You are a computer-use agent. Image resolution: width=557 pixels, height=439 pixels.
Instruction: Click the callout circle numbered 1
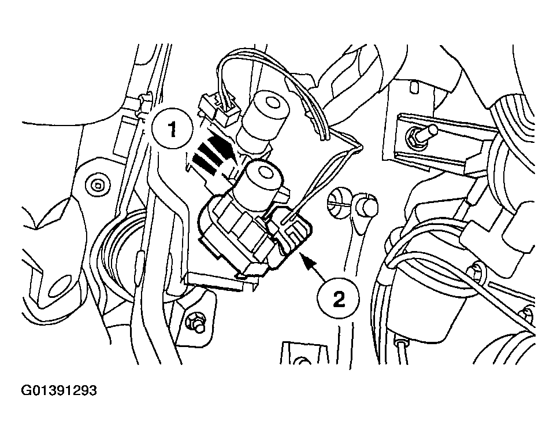pyautogui.click(x=172, y=130)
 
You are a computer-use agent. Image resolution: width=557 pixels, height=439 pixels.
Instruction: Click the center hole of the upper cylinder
pyautogui.click(x=272, y=104)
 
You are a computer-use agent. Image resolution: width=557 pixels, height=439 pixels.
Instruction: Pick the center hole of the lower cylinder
pyautogui.click(x=265, y=173)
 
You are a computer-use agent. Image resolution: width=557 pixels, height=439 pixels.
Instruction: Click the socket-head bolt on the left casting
pyautogui.click(x=96, y=185)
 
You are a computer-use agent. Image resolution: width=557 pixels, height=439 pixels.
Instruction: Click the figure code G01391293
pyautogui.click(x=59, y=390)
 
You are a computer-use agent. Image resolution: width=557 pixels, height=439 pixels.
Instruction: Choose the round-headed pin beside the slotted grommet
pyautogui.click(x=366, y=205)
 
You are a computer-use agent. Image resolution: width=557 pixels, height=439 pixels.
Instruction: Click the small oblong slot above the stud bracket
pyautogui.click(x=413, y=88)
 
